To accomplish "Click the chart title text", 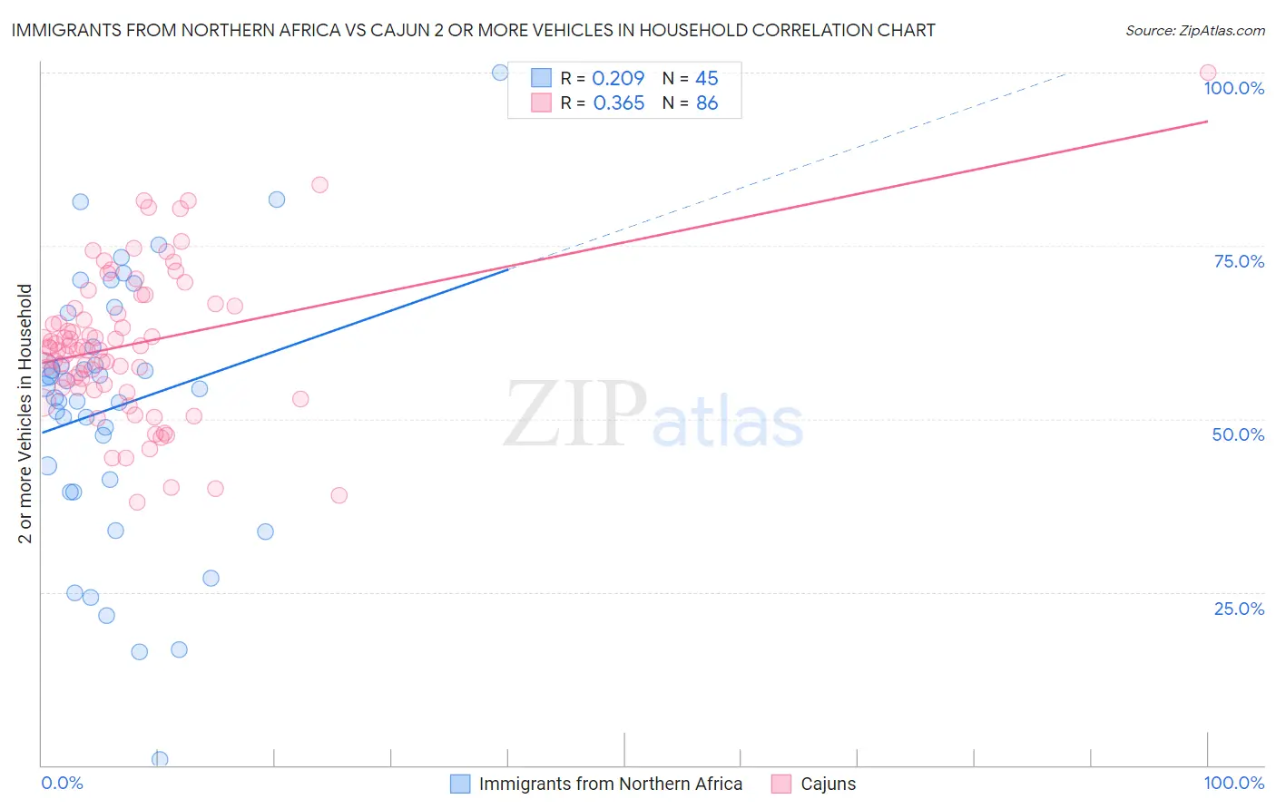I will point(473,30).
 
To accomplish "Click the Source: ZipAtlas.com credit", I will point(1194,30).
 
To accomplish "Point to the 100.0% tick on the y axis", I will point(1233,88).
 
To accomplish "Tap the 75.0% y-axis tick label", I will point(1239,261).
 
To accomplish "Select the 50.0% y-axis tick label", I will point(1238,434).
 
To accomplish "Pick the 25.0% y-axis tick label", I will point(1239,609).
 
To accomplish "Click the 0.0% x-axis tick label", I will point(62,783).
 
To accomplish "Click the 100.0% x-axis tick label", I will point(1233,783).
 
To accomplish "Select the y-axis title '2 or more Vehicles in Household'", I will point(25,414).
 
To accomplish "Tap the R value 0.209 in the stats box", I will point(618,79).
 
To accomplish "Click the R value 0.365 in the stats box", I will point(618,103).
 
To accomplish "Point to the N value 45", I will point(706,79).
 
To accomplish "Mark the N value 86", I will point(706,103).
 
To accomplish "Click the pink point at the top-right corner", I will point(1207,73).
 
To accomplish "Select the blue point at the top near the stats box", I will point(500,73).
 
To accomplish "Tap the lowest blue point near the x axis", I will point(160,759).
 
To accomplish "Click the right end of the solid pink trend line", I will point(1207,122).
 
